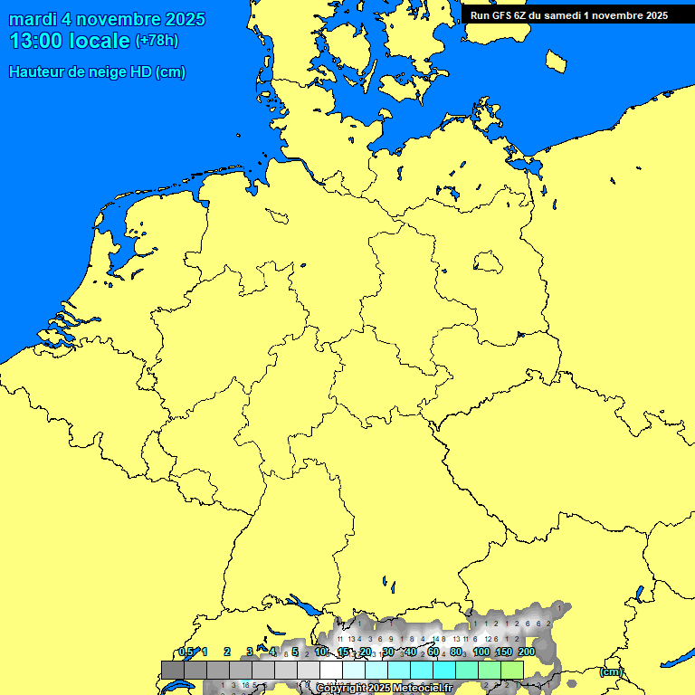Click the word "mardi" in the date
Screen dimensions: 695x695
[31, 20]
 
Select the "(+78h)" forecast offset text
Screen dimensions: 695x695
[157, 41]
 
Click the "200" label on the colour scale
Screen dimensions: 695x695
[527, 652]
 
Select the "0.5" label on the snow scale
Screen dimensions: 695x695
[186, 652]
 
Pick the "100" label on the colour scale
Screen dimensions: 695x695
[481, 652]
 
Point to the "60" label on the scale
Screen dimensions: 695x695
[433, 652]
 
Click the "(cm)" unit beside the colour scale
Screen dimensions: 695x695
[611, 671]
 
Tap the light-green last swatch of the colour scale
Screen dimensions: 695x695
[512, 670]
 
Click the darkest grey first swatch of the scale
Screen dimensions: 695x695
[173, 670]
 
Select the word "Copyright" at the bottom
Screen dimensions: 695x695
[340, 689]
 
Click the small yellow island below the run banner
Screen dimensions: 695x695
[557, 61]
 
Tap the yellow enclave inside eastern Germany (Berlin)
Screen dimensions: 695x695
[488, 262]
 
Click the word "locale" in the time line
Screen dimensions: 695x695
[101, 41]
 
